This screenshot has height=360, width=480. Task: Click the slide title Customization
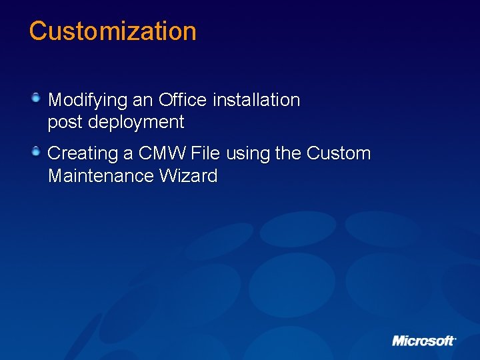(113, 31)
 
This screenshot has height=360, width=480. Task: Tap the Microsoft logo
(423, 341)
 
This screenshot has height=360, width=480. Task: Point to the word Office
(183, 100)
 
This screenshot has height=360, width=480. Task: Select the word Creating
(83, 154)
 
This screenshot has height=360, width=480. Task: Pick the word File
(205, 153)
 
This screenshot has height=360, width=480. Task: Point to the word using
(248, 154)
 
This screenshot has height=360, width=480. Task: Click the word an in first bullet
(143, 101)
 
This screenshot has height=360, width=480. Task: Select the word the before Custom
(288, 153)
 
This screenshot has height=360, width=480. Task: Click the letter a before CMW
(129, 154)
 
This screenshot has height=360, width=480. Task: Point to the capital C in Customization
(38, 31)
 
